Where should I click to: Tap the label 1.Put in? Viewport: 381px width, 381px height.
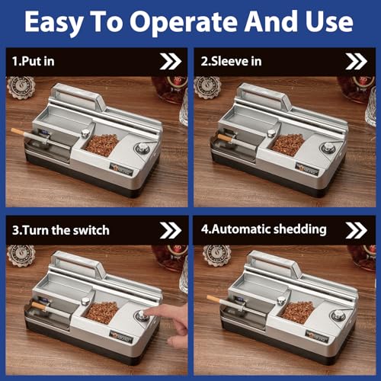[x=34, y=61]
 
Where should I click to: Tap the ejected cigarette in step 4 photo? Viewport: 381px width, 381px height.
[x=221, y=299]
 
